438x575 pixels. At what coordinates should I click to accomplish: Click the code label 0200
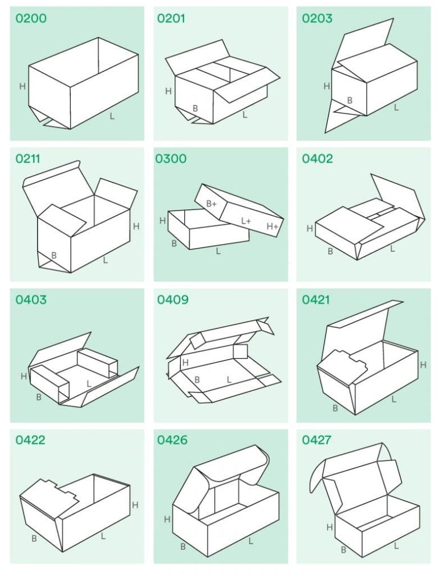point(31,19)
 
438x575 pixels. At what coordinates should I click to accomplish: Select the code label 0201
point(171,19)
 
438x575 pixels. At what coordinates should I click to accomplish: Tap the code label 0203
point(317,19)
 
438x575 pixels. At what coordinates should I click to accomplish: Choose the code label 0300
point(171,159)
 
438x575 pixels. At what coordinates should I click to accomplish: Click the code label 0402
point(317,159)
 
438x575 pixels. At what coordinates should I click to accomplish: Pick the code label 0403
point(31,299)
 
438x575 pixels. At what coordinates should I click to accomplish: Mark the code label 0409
point(173,299)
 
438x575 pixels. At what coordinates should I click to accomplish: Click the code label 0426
point(172,440)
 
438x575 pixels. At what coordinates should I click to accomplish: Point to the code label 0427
point(317,440)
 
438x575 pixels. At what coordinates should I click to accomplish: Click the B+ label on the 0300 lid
point(212,204)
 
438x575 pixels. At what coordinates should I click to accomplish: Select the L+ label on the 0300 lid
point(246,221)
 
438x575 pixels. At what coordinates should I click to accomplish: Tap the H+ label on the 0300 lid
point(273,226)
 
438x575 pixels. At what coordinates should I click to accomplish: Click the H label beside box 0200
point(22,87)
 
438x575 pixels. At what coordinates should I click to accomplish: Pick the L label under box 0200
point(112,116)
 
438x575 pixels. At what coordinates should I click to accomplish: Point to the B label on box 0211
point(54,256)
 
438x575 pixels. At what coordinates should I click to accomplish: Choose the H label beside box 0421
point(423,365)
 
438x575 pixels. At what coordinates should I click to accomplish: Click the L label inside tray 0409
point(229,379)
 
